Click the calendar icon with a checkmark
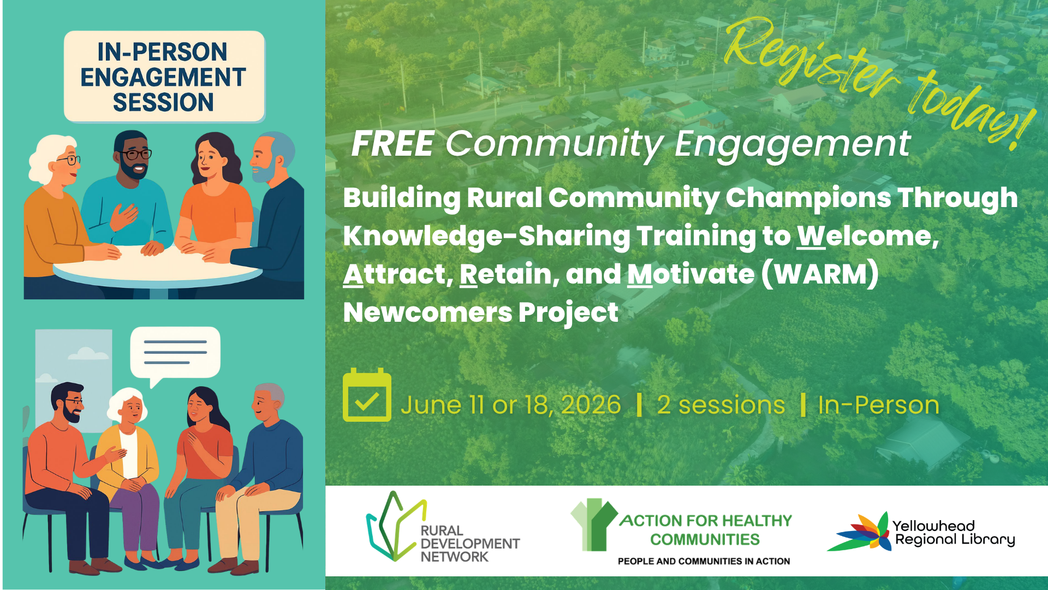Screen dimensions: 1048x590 [x=367, y=395]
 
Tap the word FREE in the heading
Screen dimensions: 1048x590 [x=393, y=144]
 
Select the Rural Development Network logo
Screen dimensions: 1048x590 [x=443, y=528]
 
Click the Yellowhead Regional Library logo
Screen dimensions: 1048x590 [x=921, y=532]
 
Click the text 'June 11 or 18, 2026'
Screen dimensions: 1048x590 [x=511, y=405]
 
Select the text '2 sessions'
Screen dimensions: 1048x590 [x=721, y=405]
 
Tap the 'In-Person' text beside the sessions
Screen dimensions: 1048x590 [x=878, y=405]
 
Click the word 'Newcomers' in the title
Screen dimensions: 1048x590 [x=427, y=312]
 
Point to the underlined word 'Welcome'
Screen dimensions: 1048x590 [x=868, y=236]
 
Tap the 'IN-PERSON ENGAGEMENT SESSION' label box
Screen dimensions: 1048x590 [x=164, y=76]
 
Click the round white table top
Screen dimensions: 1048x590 [x=158, y=264]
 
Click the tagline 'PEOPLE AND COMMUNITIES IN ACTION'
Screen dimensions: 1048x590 [x=704, y=561]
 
